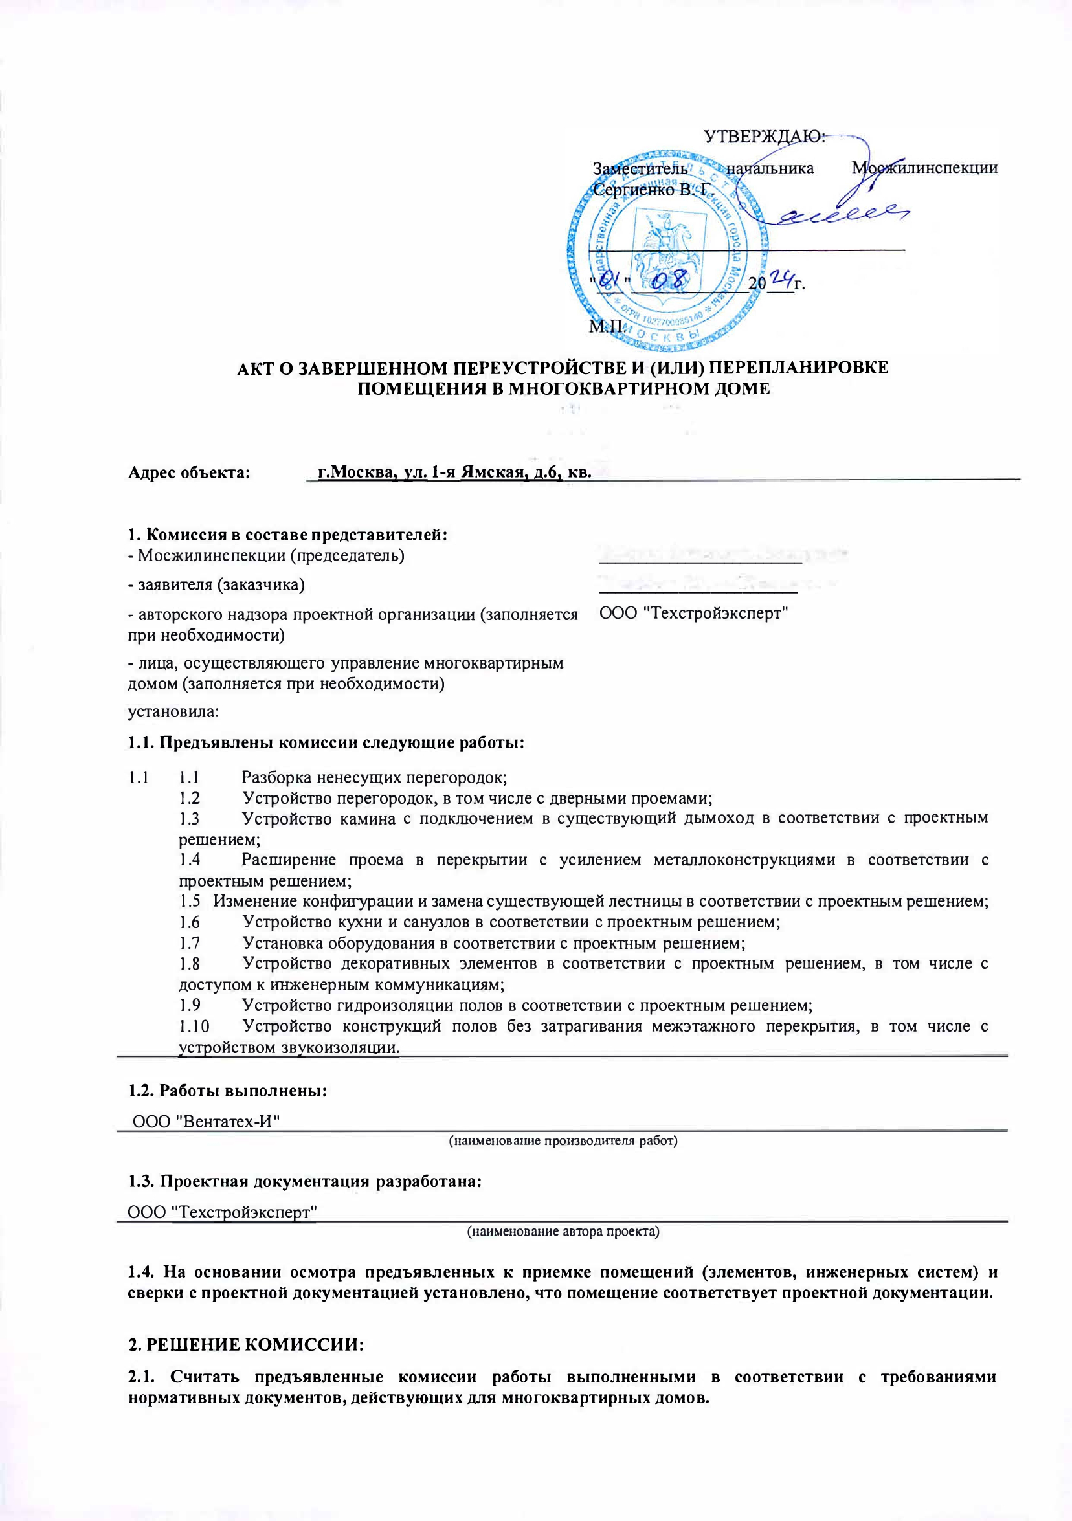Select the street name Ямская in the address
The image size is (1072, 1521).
point(491,472)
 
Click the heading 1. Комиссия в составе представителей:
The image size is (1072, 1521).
point(287,535)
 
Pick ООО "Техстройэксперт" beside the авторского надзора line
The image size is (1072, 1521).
point(694,614)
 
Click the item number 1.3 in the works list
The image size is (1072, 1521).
point(190,819)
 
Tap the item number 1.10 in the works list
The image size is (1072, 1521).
point(194,1027)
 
